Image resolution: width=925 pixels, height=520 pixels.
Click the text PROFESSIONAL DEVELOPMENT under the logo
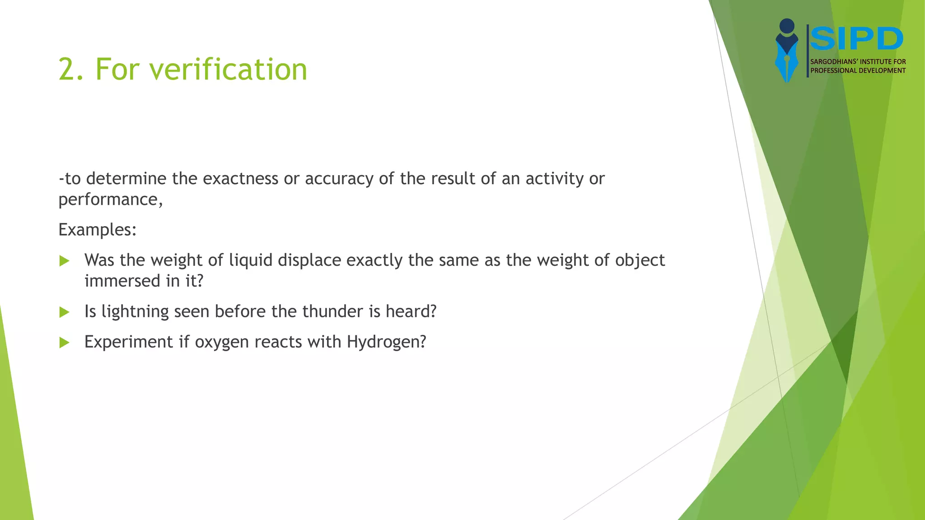(858, 70)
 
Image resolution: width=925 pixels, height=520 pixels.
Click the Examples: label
(97, 230)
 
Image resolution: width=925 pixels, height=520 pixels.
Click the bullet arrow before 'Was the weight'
(65, 261)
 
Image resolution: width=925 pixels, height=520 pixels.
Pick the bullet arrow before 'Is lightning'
(65, 312)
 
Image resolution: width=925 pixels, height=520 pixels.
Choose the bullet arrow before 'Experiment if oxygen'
(65, 343)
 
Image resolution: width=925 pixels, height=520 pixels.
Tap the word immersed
(122, 281)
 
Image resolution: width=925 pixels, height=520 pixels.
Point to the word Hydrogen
(386, 342)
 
